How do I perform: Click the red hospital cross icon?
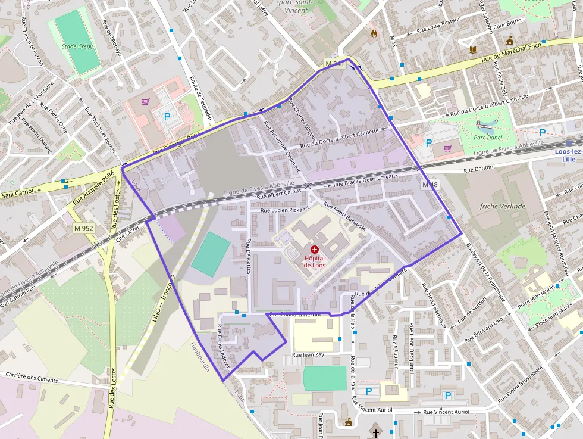click(x=314, y=250)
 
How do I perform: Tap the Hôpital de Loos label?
click(x=314, y=261)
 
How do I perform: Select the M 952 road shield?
click(x=84, y=228)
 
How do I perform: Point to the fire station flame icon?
click(x=374, y=33)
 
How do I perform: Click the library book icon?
click(x=473, y=49)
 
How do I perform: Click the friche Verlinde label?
click(x=503, y=206)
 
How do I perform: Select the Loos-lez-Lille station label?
click(x=568, y=155)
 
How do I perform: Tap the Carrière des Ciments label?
click(x=32, y=377)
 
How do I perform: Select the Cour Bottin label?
click(x=507, y=25)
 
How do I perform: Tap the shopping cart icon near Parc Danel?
click(x=447, y=148)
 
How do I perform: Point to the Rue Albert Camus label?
click(x=280, y=194)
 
